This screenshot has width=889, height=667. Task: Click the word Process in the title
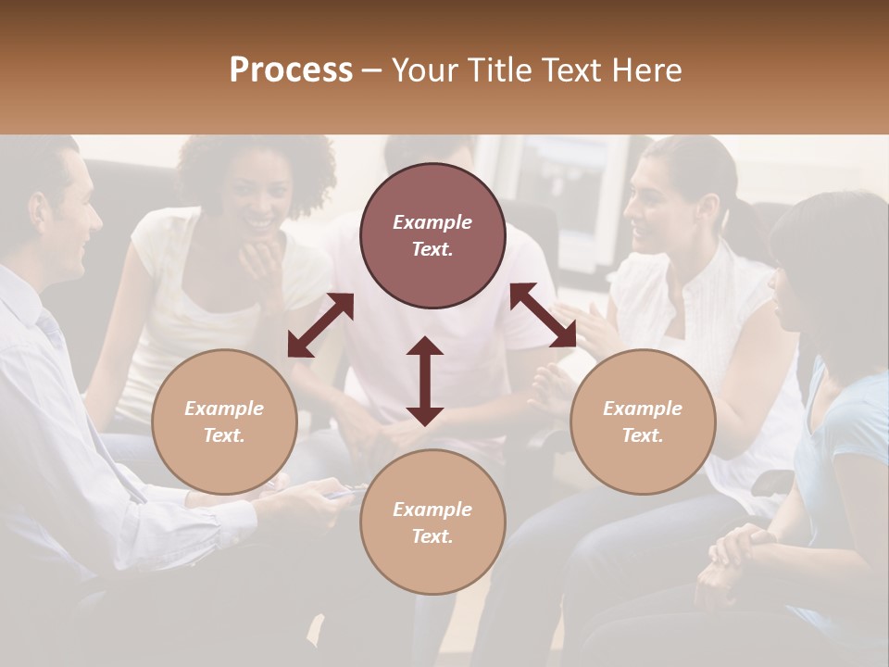(291, 70)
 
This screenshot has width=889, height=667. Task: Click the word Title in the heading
(495, 70)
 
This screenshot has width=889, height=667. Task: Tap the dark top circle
(432, 235)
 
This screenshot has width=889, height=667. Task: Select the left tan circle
(224, 422)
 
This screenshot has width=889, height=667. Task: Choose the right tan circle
(643, 422)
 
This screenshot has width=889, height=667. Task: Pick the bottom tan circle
(432, 522)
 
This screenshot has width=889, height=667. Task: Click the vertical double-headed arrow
(425, 381)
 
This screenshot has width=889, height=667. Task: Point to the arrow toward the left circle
(320, 325)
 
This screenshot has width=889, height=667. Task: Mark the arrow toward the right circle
(544, 315)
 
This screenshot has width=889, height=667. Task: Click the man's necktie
(52, 330)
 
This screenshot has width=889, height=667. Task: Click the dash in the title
(372, 70)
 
